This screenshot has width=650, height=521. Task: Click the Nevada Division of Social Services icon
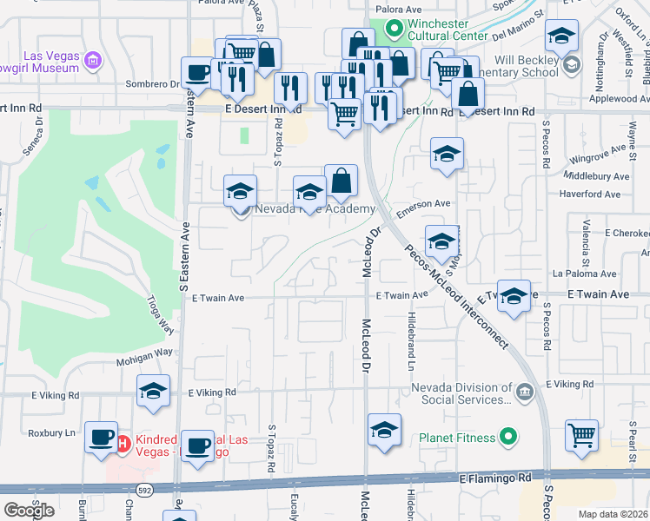[x=524, y=392]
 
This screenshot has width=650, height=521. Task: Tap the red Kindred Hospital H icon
[x=123, y=444]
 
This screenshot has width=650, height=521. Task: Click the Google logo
[x=29, y=510]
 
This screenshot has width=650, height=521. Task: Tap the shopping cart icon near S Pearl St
[x=581, y=435]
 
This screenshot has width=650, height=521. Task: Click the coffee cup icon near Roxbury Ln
[x=101, y=435]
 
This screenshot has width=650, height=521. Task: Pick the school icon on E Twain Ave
[x=514, y=295]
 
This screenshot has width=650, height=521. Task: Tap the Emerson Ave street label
[x=425, y=204]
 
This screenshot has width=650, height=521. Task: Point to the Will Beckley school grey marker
[x=571, y=64]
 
